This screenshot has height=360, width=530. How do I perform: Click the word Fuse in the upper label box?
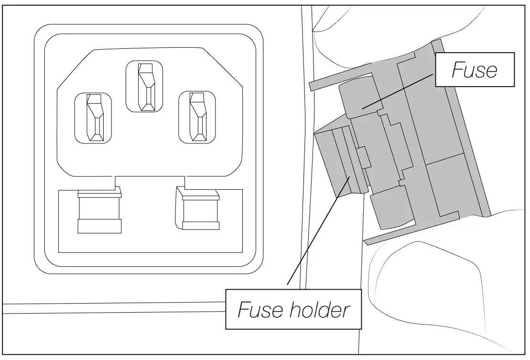pos(474,70)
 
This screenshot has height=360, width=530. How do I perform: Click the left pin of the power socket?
pos(93,118)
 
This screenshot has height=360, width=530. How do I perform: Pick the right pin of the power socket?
pos(197,117)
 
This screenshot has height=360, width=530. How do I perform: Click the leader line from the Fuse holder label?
pos(315,234)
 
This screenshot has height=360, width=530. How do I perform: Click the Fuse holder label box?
pos(293,309)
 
